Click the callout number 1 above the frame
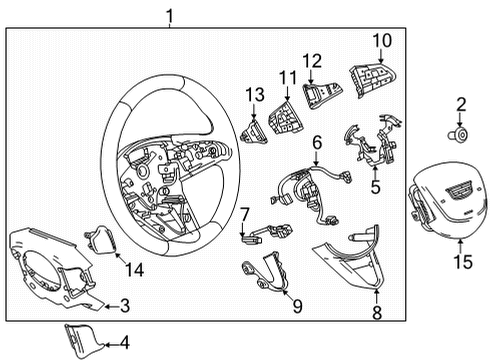170,14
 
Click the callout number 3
125,305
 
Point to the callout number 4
125,342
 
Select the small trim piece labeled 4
83,337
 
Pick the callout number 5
375,185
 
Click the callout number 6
316,144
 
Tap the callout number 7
244,213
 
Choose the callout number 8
376,313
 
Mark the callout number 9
297,306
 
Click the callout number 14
135,267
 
